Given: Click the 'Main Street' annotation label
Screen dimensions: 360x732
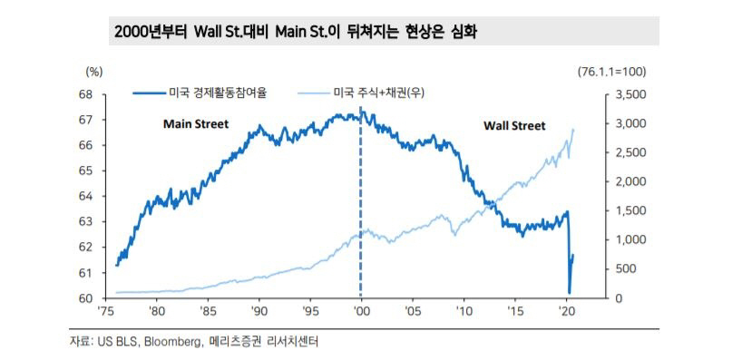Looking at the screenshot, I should point(195,123).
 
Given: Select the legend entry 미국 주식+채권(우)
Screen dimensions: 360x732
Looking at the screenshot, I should point(373,92).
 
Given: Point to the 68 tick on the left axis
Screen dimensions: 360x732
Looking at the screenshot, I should point(86,94).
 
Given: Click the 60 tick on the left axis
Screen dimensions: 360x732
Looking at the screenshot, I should point(86,298).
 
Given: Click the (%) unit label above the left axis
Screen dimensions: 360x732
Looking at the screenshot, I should point(94,71).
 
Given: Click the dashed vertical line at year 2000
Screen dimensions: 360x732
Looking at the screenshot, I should point(361,209).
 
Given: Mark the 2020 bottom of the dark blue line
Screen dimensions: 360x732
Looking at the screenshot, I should point(569,292).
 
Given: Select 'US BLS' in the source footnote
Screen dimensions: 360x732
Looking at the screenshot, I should point(112,342).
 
